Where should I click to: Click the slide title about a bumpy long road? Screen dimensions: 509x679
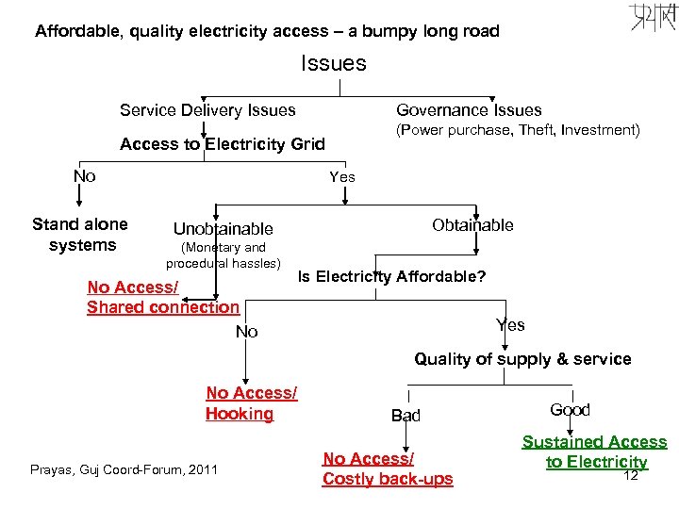click(267, 31)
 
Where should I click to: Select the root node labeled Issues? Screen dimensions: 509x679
click(333, 64)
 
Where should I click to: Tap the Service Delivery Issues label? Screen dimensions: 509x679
click(207, 110)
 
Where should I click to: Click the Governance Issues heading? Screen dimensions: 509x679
click(469, 110)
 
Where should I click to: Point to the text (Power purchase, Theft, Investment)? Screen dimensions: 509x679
click(517, 130)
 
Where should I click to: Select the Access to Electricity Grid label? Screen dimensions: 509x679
click(222, 144)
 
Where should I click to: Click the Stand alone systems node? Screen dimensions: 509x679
click(80, 235)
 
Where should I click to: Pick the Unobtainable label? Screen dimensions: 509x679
click(223, 229)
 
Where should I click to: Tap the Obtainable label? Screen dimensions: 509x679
click(472, 225)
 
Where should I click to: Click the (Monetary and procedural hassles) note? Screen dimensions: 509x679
click(224, 254)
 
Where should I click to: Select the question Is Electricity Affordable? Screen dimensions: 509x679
click(391, 277)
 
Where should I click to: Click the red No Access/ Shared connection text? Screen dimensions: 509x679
click(162, 297)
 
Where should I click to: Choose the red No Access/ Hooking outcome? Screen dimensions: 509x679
click(251, 403)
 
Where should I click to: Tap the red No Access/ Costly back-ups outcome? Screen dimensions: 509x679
click(387, 469)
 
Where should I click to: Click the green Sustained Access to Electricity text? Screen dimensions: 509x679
click(594, 452)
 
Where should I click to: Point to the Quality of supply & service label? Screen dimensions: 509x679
click(522, 359)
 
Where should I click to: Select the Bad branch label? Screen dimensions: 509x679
click(406, 416)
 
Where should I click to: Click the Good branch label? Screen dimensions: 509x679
click(570, 410)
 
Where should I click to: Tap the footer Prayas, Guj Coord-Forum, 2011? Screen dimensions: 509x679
click(124, 468)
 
